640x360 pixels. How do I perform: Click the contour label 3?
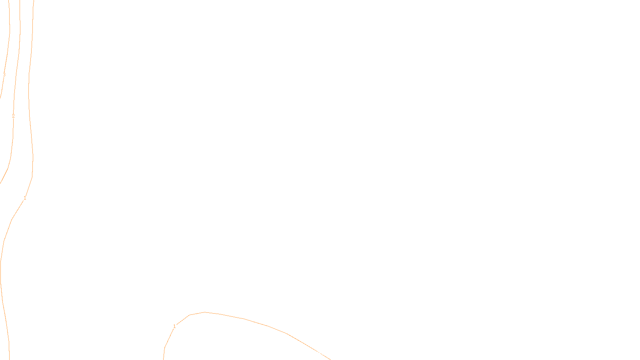click(4, 75)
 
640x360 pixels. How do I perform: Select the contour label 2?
click(13, 116)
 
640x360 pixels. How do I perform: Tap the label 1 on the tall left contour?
click(25, 198)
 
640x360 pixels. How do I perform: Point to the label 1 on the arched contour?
click(174, 326)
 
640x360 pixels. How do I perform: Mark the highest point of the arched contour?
click(205, 312)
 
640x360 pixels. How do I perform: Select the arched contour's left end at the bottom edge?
click(164, 359)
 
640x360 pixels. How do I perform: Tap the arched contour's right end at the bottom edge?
click(330, 359)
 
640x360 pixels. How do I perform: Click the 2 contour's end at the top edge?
click(20, 0)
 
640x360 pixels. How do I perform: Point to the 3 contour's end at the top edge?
click(9, 0)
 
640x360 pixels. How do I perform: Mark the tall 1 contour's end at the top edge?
click(34, 0)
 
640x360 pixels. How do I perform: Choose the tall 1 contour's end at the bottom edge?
click(9, 359)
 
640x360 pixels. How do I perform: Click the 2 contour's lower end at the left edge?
click(0, 183)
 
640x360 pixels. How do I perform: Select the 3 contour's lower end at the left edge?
click(0, 97)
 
